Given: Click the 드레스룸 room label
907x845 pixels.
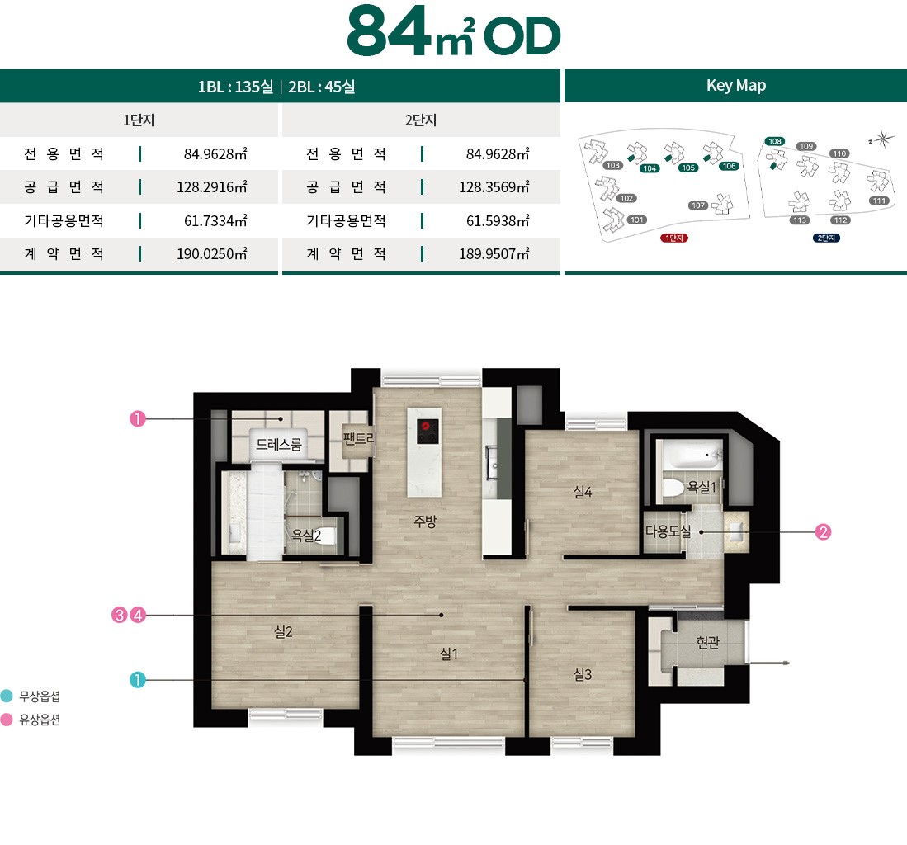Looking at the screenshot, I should click(279, 445).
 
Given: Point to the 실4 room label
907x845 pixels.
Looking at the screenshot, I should click(583, 492).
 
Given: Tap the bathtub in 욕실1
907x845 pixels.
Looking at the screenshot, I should click(689, 454).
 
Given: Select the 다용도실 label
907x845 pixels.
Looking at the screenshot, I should click(668, 532).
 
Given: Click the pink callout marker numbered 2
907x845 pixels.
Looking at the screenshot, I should click(822, 532).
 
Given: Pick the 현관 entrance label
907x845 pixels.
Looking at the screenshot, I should click(707, 642).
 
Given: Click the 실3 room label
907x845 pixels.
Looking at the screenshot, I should click(583, 674).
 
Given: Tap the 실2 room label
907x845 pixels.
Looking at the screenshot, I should click(283, 632).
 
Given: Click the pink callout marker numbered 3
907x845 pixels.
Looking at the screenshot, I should click(120, 615).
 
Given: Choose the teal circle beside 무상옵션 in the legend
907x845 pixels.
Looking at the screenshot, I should click(7, 696).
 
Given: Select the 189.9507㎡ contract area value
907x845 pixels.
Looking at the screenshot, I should click(494, 254).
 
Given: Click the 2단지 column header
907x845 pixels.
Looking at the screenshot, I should click(420, 120).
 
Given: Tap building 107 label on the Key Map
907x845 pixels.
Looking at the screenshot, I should click(698, 205).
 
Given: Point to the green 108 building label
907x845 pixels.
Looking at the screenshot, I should click(774, 141).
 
